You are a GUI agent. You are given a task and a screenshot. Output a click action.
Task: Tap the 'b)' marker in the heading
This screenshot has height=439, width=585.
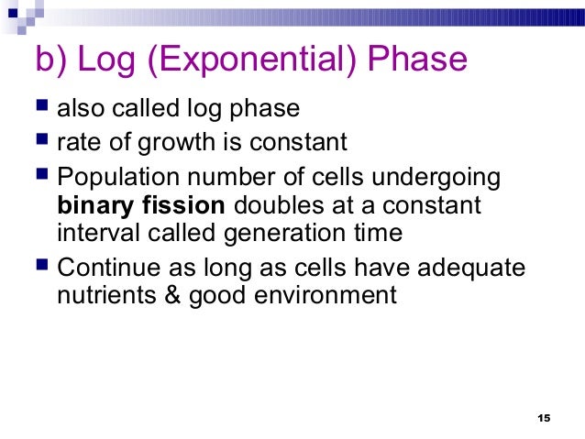click(x=50, y=60)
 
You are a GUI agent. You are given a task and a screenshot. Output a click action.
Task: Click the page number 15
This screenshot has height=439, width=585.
click(x=542, y=418)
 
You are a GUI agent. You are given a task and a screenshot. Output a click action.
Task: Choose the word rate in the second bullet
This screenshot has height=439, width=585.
click(x=75, y=142)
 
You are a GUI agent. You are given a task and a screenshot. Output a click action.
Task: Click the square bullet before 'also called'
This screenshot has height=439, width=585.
click(x=42, y=109)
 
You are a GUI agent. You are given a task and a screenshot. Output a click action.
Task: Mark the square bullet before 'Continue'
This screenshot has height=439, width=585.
click(x=42, y=267)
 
